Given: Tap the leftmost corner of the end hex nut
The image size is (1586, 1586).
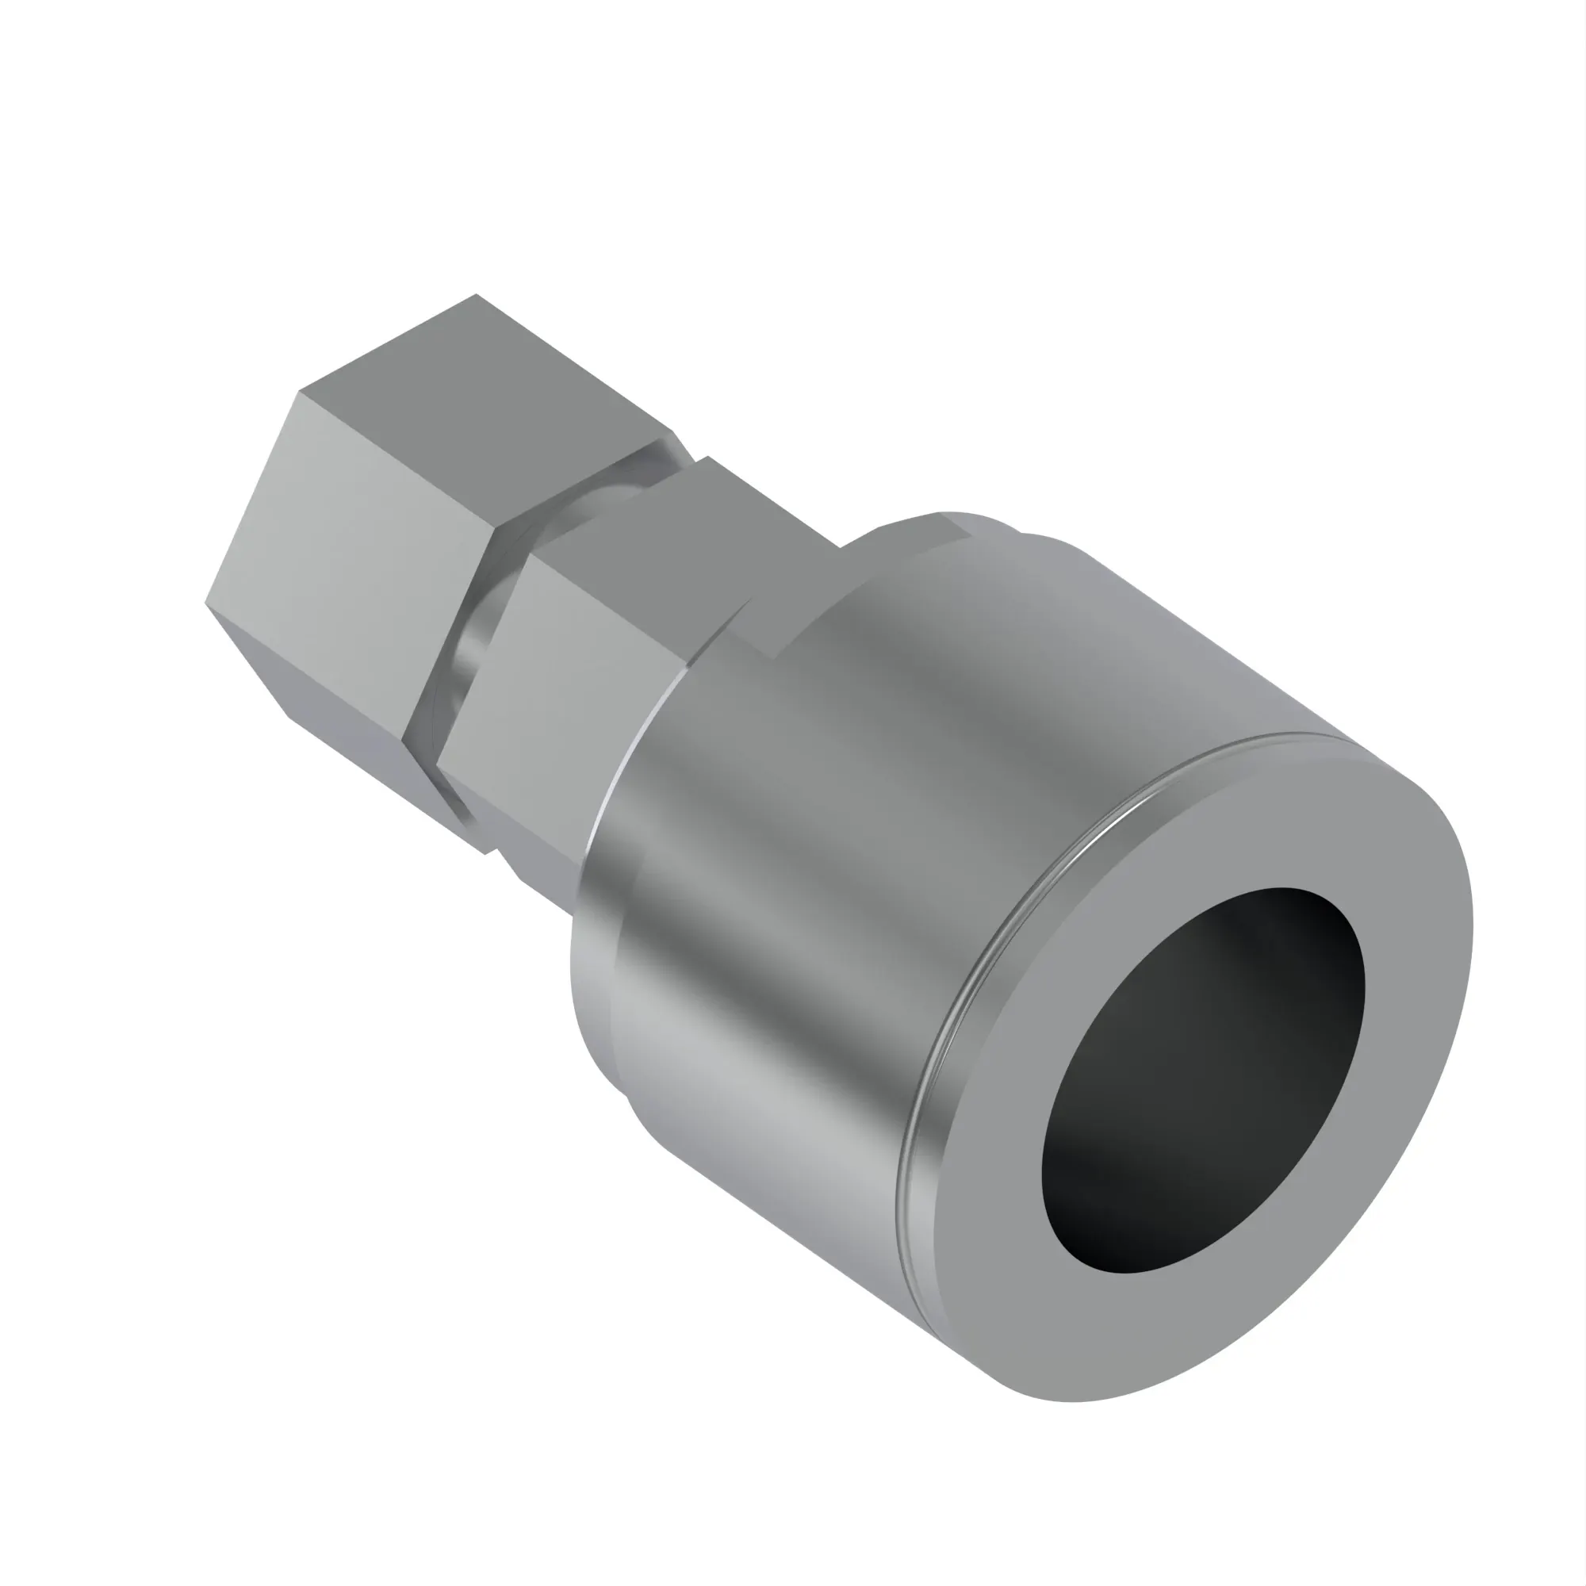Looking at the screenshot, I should pyautogui.click(x=205, y=603).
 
